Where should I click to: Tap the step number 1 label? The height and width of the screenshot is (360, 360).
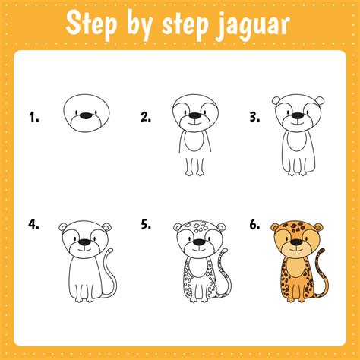[x=33, y=117]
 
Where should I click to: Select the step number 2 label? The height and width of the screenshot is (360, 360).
[x=146, y=117]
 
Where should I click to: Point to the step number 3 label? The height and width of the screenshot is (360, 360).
[x=255, y=117]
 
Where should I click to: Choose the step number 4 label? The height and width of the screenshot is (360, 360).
[x=33, y=226]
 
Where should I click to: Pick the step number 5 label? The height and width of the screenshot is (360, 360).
[x=146, y=226]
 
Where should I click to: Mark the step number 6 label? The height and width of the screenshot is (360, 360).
[x=255, y=226]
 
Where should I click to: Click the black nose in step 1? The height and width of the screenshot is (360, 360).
[x=85, y=116]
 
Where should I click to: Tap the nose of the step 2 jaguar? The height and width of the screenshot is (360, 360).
[x=197, y=117]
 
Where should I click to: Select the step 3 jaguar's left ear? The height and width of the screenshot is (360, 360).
[x=277, y=101]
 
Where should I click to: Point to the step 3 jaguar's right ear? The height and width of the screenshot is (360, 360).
[x=319, y=101]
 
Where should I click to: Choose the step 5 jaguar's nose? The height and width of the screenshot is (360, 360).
[x=197, y=244]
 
